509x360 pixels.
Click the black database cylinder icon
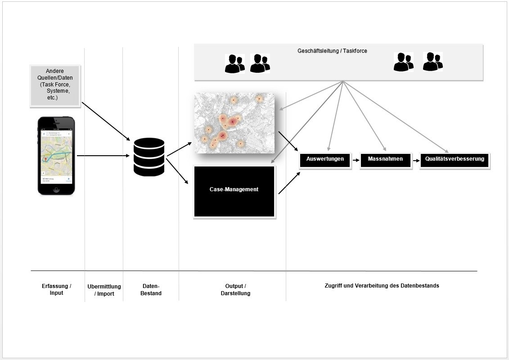point(149,157)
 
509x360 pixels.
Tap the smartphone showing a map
point(56,156)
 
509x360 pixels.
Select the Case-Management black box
point(234,191)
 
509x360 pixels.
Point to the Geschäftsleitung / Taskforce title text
point(332,51)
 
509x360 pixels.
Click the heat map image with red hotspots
point(234,122)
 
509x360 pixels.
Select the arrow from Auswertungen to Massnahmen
point(356,160)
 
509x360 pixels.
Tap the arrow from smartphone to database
point(103,156)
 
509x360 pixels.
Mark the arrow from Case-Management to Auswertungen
point(289,183)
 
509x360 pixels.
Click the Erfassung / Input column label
point(56,289)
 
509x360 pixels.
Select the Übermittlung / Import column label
point(104,290)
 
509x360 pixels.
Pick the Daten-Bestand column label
point(150,289)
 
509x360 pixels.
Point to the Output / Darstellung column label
point(235,289)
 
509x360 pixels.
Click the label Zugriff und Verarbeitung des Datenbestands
point(382,286)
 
